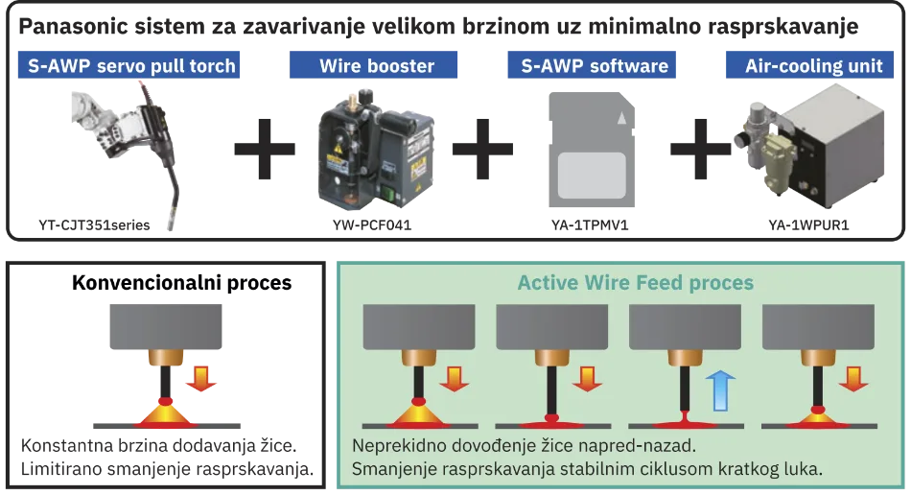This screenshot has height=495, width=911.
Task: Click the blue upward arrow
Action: point(720,390)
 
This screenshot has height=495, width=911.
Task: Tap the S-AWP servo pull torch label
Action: point(129,65)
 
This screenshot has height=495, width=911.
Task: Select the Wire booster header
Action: point(374,65)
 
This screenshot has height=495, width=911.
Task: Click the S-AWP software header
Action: point(592,65)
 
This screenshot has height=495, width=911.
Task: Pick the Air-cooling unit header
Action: point(810,65)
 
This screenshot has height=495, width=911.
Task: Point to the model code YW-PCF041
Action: point(372,224)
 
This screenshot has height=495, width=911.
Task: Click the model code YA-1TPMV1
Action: point(590,224)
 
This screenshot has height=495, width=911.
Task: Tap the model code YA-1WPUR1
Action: point(808,224)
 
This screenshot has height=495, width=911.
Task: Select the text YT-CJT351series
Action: point(94,224)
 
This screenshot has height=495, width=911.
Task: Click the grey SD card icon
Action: point(592,150)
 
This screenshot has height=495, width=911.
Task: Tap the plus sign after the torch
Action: point(265,149)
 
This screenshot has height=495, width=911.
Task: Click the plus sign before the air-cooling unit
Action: point(701,149)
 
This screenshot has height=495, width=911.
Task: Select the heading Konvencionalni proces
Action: point(182,282)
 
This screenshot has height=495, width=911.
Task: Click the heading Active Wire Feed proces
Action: point(636,282)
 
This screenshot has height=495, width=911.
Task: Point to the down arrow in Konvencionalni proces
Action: point(201,378)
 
